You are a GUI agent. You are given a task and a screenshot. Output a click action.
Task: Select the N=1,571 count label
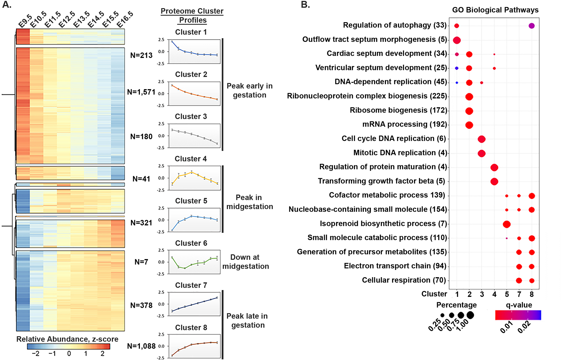coord(141,92)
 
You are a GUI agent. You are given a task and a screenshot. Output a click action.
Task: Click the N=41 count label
coord(141,179)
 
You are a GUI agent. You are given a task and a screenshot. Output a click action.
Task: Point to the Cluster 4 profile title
coord(190,159)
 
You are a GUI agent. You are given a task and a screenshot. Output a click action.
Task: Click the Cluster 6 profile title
coord(191,243)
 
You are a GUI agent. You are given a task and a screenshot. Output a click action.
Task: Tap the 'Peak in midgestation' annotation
coord(249,202)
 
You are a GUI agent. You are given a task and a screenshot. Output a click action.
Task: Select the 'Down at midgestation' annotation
coord(245,262)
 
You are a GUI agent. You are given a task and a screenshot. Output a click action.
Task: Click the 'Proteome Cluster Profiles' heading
coord(192,16)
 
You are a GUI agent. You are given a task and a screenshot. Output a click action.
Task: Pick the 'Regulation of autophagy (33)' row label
coord(395,25)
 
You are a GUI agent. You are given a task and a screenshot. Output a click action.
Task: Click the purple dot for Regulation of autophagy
coord(531,26)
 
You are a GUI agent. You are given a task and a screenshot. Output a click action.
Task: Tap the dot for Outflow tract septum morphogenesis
coord(457,40)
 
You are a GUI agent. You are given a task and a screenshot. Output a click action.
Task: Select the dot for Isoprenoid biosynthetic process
coord(506,224)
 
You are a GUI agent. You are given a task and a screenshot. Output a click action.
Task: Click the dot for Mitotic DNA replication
coord(481,153)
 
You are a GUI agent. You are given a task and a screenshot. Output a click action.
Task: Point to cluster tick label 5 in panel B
coord(507,294)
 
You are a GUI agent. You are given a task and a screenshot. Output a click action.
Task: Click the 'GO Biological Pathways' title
coord(495,10)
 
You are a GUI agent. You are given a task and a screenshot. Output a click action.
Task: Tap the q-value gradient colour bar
coord(518,315)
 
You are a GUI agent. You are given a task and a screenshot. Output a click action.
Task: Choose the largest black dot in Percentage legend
coord(470,315)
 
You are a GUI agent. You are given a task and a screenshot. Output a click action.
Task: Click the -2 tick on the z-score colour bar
coord(36,354)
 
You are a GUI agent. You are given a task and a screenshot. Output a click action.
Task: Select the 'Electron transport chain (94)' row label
coord(395,266)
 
